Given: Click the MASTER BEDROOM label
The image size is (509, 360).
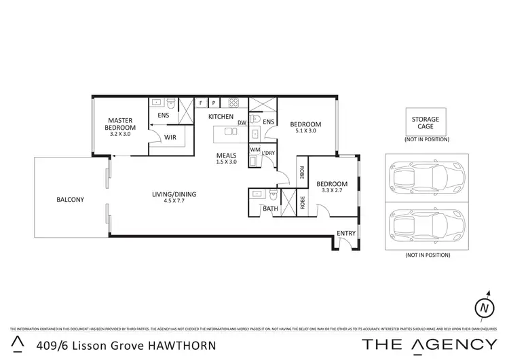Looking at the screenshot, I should [x=119, y=124].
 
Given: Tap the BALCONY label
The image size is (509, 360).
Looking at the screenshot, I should [x=70, y=199].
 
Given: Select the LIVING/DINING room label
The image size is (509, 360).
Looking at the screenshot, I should [x=174, y=195].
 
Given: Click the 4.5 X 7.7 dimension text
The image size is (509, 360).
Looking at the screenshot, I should [x=174, y=202].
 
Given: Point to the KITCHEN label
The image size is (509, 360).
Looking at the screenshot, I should [x=221, y=118].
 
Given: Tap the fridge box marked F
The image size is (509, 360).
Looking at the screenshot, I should [x=200, y=103].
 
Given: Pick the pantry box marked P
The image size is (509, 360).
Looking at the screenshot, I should [x=214, y=103].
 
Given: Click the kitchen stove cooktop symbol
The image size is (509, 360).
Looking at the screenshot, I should [x=233, y=103].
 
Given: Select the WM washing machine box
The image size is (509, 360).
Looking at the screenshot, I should [x=254, y=150].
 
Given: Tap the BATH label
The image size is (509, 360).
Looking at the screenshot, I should [x=270, y=209].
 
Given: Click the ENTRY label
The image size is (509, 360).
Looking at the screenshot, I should [x=346, y=234].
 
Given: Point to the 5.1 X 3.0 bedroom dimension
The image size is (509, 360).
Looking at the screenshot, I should [x=305, y=131].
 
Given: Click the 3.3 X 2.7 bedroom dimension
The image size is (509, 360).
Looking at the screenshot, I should [x=333, y=191].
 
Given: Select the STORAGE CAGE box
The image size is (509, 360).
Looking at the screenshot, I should [x=426, y=123].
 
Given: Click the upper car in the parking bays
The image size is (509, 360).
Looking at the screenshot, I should [x=425, y=178].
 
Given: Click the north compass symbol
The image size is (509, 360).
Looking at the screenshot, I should [x=484, y=307].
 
